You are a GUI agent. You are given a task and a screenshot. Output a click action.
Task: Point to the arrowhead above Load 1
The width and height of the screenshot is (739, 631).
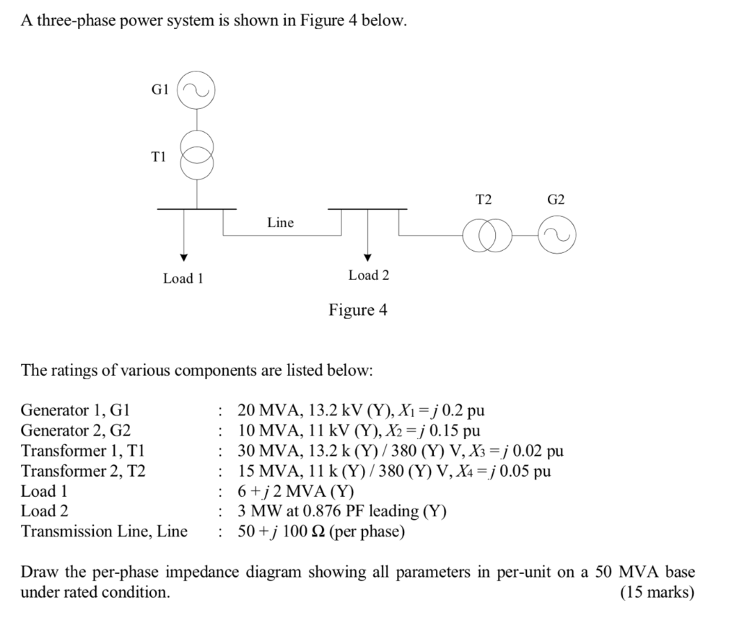click(184, 257)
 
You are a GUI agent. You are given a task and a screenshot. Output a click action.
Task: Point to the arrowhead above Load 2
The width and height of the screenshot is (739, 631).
click(367, 257)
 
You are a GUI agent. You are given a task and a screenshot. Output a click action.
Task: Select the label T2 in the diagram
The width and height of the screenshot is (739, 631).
click(483, 199)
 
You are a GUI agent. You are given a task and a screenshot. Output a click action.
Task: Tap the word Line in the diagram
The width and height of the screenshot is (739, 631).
click(280, 223)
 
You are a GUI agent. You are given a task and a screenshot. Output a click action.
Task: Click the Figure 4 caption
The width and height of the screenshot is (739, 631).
click(358, 310)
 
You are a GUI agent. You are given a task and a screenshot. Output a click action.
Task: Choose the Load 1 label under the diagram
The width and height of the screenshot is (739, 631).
click(183, 278)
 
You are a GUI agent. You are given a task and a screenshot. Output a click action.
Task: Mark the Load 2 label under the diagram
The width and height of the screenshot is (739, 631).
click(368, 275)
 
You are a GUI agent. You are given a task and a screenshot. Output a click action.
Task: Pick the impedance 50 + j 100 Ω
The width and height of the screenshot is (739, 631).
click(292, 532)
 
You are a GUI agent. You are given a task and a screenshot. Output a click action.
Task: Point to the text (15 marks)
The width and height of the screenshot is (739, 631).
click(657, 593)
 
